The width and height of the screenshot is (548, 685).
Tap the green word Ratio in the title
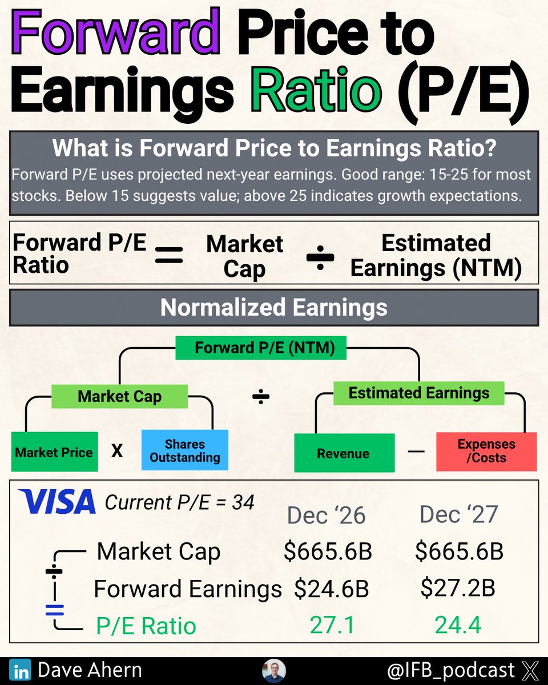317,91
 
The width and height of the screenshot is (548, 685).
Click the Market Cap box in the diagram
119,397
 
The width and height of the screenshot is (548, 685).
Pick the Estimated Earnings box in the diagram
418,393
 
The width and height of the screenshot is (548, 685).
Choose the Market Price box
54,453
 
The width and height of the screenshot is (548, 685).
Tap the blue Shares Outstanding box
184,450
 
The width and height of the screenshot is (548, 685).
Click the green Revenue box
344,453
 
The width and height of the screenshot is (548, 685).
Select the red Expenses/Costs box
486,451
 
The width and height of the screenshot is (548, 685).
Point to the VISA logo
57,502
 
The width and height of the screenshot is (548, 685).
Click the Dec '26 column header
326,515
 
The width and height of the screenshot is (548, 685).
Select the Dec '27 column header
458,514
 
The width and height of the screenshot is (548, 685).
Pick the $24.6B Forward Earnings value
331,589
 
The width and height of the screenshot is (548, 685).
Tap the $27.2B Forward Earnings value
458,588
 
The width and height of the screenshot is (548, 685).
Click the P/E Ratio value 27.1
332,625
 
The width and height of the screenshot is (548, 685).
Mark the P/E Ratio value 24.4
458,625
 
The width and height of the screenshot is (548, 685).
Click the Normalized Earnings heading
274,308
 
